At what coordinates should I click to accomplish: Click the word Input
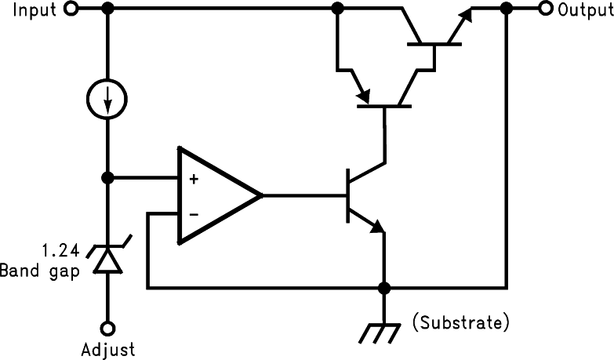click(29, 9)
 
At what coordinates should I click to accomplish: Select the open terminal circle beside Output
click(544, 9)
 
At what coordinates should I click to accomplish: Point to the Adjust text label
click(108, 349)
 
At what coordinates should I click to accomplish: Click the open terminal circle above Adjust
click(108, 329)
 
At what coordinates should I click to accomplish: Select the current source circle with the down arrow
click(108, 100)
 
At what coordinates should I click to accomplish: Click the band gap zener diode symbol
click(108, 259)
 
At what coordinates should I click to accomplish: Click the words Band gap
click(39, 271)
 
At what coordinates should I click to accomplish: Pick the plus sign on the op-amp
click(193, 179)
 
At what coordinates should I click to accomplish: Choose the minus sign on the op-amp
click(193, 213)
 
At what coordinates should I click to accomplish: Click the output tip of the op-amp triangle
click(260, 195)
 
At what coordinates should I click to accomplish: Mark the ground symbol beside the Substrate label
click(383, 333)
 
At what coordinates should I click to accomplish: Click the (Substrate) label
click(462, 322)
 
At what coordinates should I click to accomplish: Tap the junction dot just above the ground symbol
click(383, 288)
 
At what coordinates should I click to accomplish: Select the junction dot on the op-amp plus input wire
click(108, 178)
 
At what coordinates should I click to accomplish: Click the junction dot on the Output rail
click(507, 9)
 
